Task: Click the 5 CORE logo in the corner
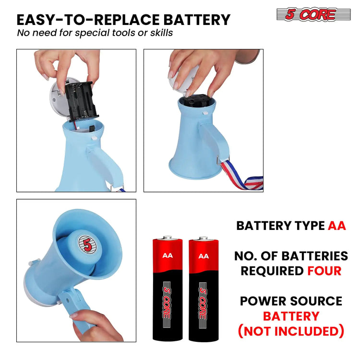313,14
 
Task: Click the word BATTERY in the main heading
197,20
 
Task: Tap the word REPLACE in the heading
126,20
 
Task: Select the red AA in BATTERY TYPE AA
337,226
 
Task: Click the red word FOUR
324,271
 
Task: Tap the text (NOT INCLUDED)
291,331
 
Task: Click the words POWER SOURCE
291,301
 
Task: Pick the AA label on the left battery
168,255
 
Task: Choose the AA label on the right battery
204,256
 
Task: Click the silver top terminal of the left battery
168,238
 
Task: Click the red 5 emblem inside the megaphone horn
87,244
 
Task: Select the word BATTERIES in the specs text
314,256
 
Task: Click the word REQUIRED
272,271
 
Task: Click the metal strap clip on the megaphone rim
219,160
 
